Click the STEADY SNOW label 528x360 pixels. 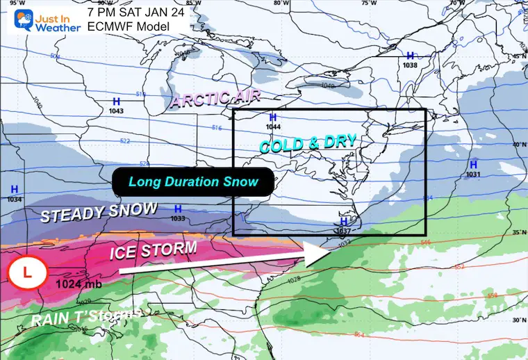pos(99,213)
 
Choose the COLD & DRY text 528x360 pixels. pos(308,144)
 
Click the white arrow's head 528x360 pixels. pos(317,252)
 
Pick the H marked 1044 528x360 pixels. pos(272,117)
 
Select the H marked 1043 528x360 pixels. pos(116,101)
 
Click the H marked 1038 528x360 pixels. pos(410,56)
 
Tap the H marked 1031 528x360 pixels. pos(473,165)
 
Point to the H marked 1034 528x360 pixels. pos(15,189)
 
